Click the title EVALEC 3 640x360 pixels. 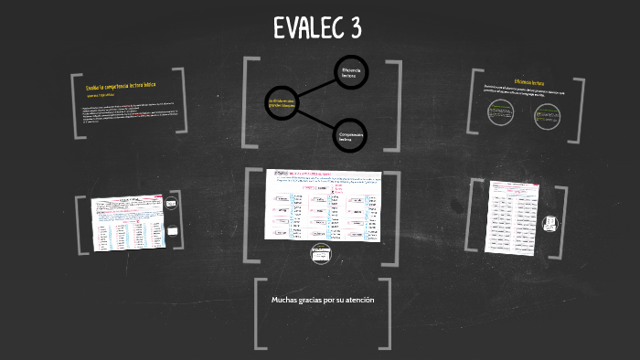(x=317, y=28)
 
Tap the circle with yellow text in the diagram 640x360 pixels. (x=280, y=102)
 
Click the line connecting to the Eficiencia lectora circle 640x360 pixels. (x=315, y=88)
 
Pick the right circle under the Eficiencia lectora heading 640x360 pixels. (x=547, y=115)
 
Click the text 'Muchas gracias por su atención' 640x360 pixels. (x=322, y=300)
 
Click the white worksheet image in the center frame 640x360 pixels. (x=323, y=205)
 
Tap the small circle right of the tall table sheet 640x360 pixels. (x=550, y=222)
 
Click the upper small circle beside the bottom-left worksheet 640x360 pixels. (x=172, y=207)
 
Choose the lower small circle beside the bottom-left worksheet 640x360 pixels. (x=172, y=232)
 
